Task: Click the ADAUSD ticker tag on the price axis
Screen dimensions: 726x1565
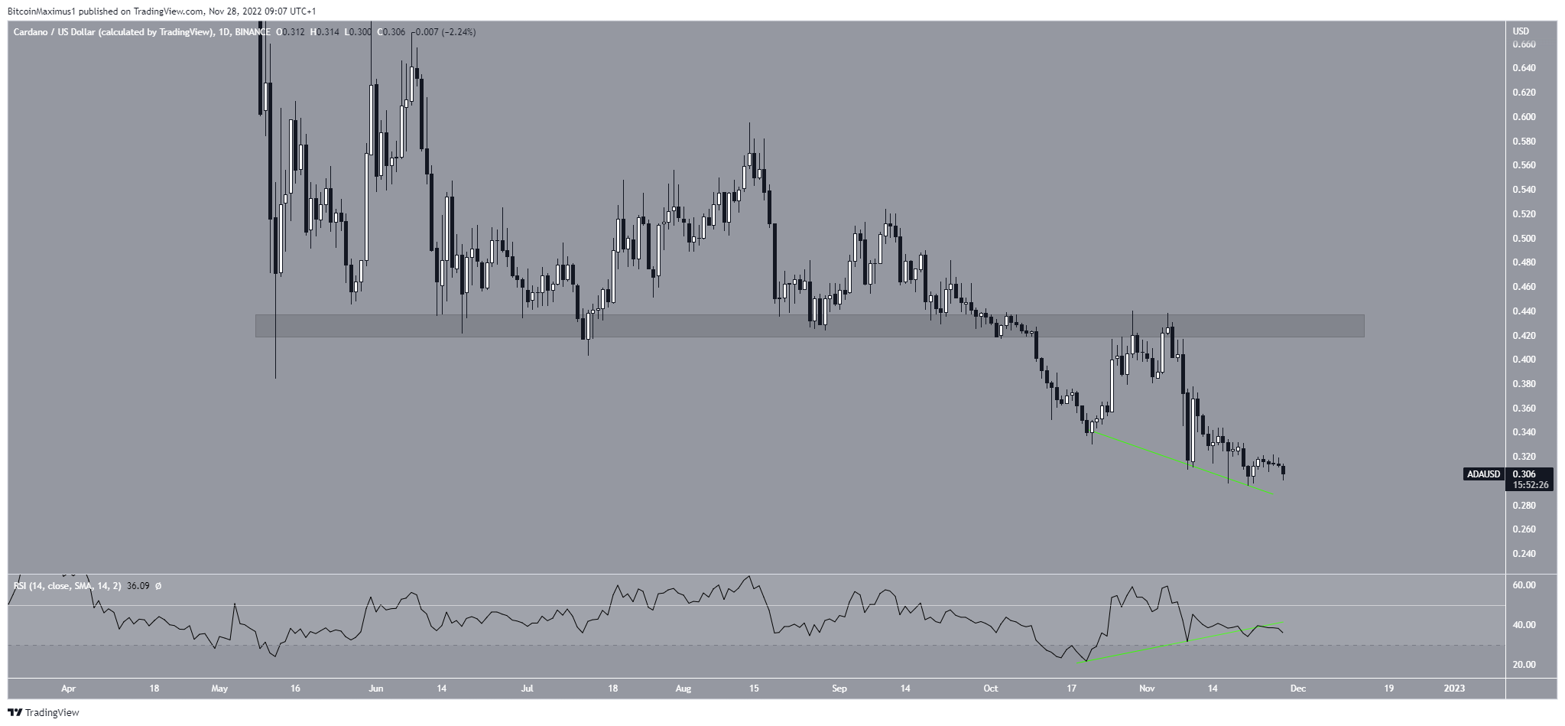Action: point(1482,474)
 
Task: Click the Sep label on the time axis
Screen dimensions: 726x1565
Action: point(839,689)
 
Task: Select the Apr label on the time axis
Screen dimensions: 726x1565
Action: point(68,689)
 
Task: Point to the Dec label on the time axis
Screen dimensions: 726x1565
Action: point(1297,689)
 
